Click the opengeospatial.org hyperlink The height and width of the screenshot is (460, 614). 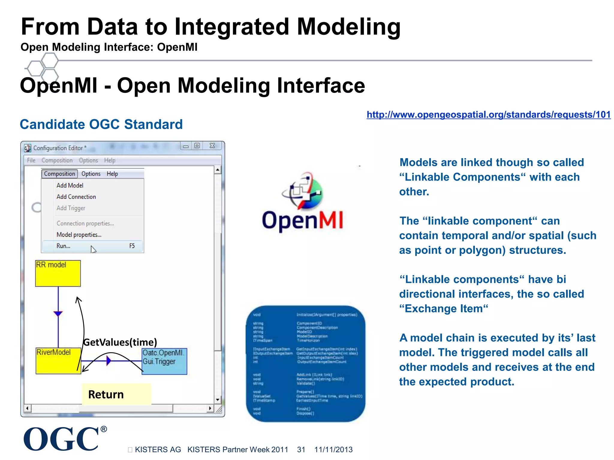click(488, 115)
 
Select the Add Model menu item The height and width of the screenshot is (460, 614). click(70, 186)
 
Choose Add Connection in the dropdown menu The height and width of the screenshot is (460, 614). click(76, 197)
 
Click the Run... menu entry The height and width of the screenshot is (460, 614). click(63, 246)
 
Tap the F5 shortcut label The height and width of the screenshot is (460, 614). click(132, 246)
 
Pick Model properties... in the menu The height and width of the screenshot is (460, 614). click(79, 235)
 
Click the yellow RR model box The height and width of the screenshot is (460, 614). click(58, 273)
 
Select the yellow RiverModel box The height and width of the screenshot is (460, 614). click(58, 361)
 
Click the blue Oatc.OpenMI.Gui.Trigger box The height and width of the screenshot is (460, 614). click(164, 361)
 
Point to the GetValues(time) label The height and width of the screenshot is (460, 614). click(120, 342)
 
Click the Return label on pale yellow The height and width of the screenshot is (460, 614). click(106, 395)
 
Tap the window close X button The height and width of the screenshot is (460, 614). click(212, 146)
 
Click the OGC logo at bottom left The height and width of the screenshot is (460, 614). click(61, 439)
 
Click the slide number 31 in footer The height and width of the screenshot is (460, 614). click(301, 450)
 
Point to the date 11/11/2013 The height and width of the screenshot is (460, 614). click(333, 450)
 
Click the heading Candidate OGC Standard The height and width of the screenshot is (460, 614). click(101, 124)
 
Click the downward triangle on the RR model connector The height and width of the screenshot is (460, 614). click(58, 314)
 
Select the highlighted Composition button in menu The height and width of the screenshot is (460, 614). click(59, 174)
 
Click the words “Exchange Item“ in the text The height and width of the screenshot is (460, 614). click(443, 309)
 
